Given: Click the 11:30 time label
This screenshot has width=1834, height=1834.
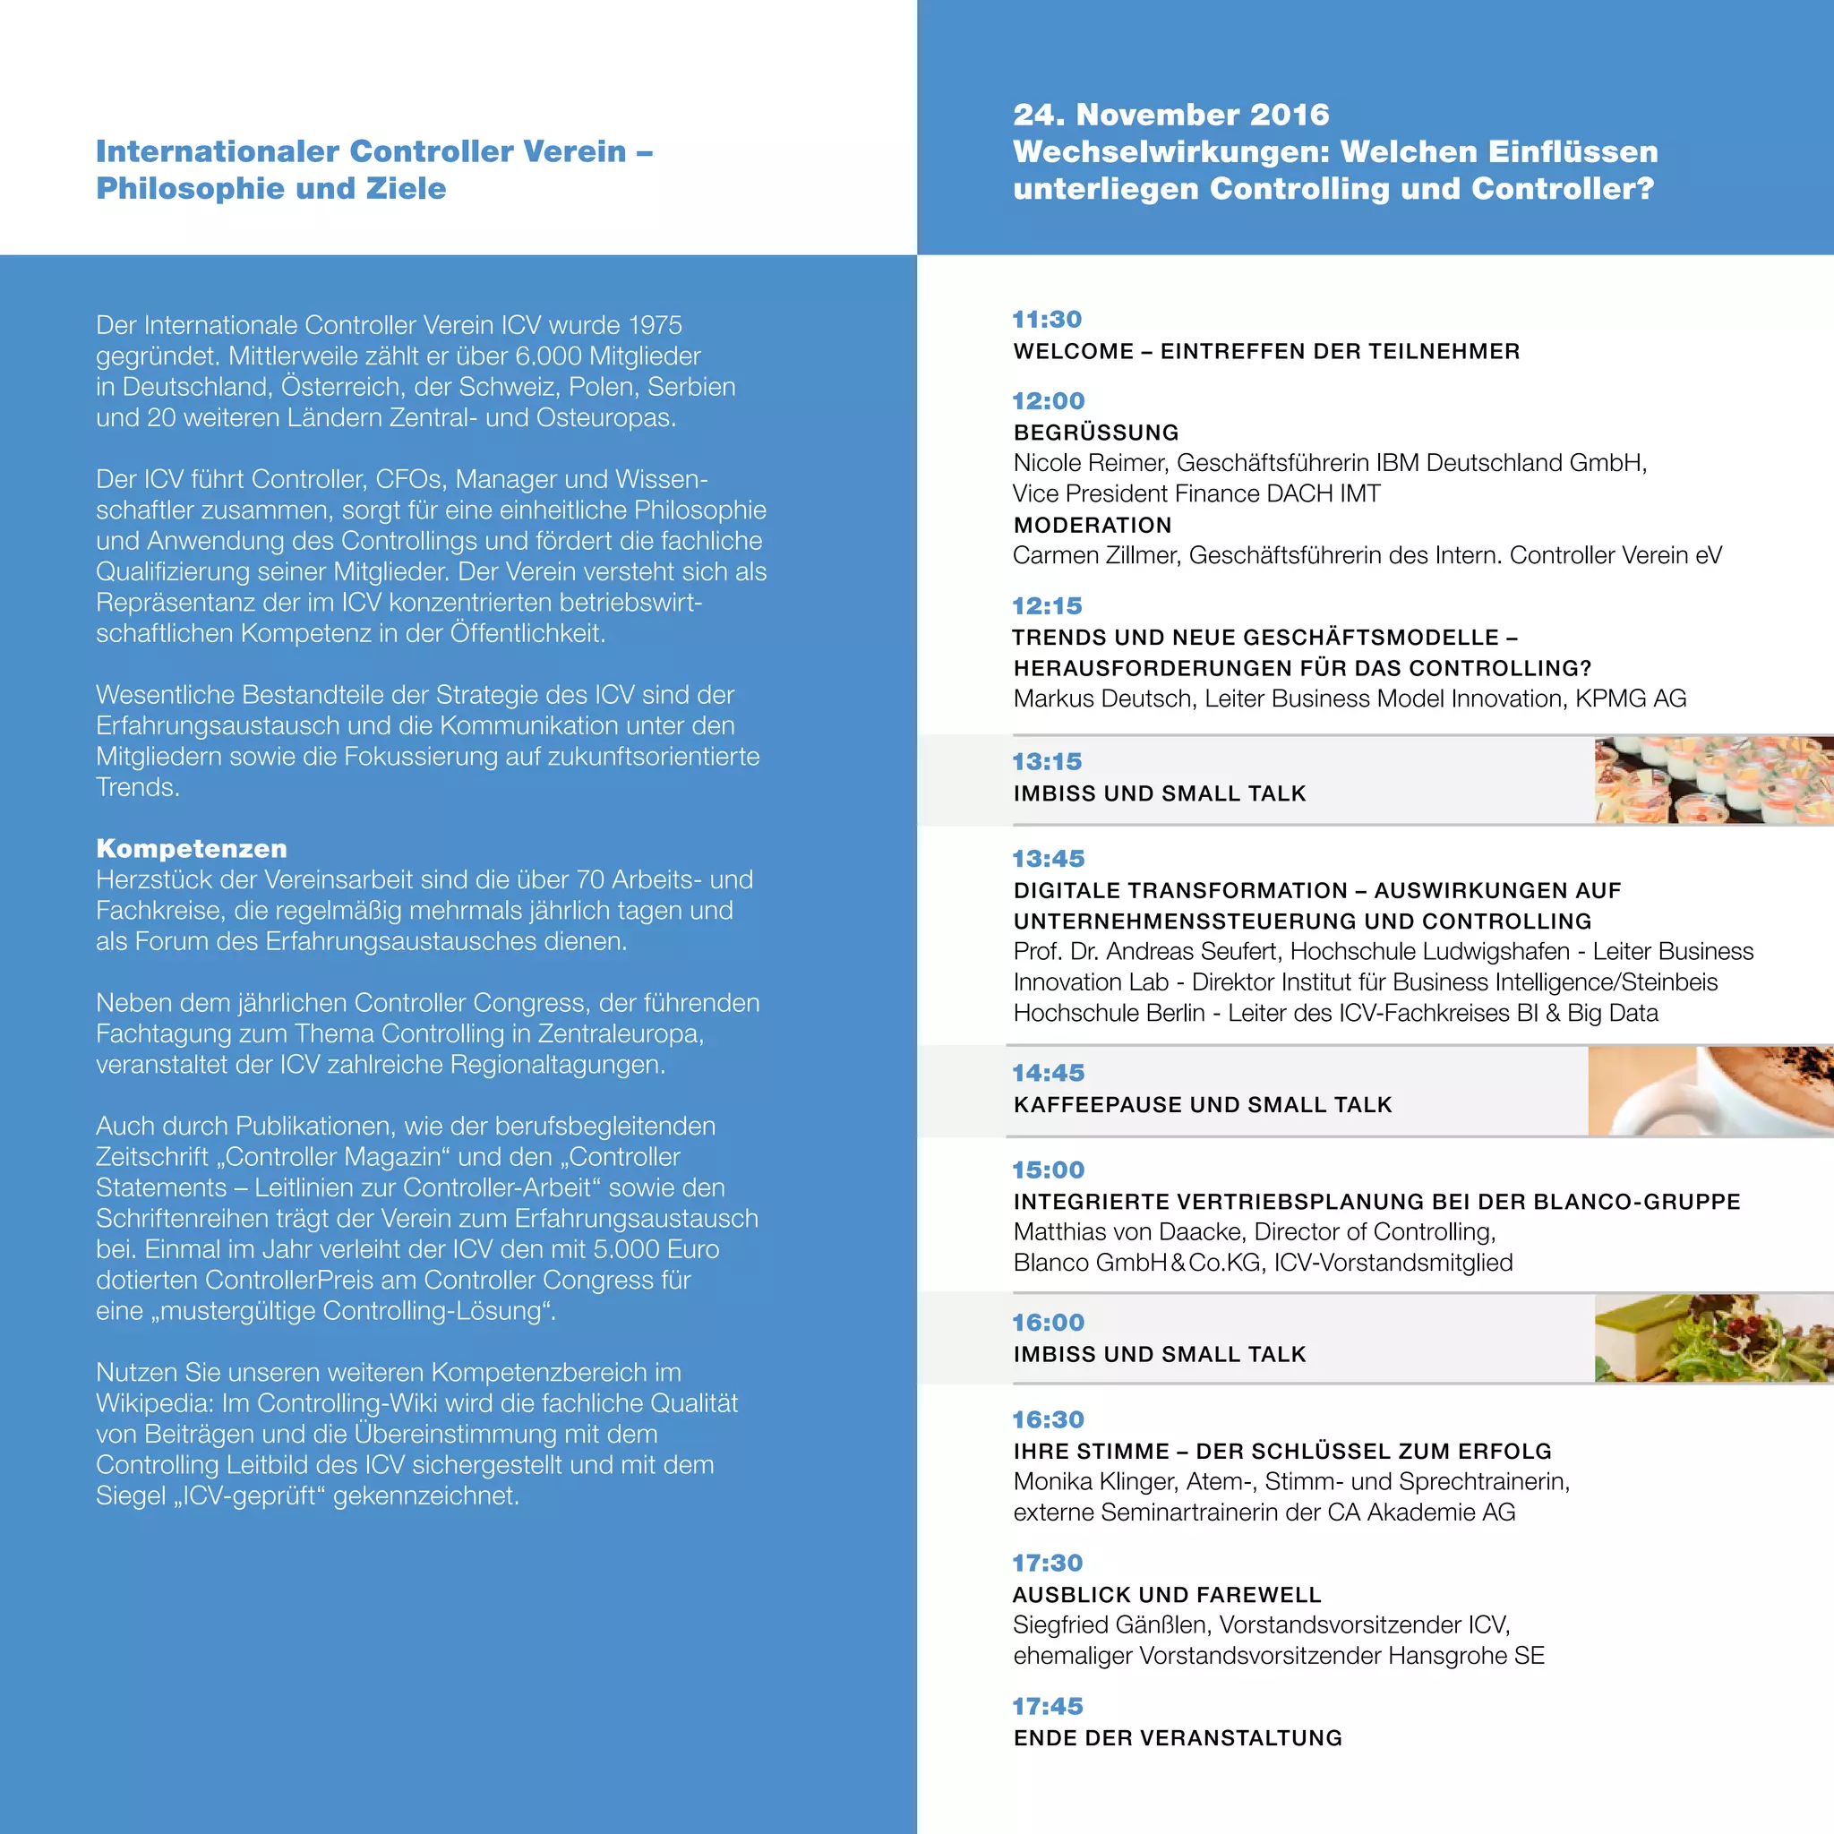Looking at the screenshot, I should point(1047,319).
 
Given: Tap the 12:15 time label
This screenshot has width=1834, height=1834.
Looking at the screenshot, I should point(1047,605).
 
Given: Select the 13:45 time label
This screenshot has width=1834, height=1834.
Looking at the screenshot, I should point(1048,858).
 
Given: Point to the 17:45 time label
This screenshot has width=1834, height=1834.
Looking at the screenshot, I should point(1047,1706).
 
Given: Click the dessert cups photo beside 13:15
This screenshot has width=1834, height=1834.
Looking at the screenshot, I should point(1712,780).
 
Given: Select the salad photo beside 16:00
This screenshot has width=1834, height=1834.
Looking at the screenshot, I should point(1712,1338).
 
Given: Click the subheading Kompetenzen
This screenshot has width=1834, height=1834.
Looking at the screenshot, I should point(192,848).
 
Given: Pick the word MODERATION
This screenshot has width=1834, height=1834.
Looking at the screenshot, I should point(1093,525).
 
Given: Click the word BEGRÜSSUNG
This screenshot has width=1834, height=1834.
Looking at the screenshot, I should point(1096,433).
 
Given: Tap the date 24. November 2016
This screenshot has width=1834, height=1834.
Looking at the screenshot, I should point(1171,115).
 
